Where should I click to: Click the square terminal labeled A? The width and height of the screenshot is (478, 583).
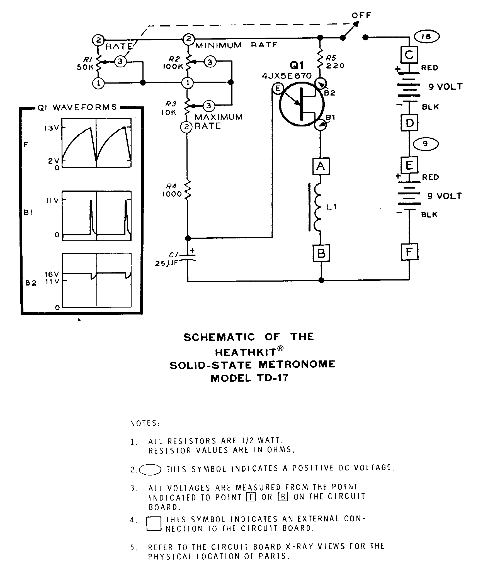321,166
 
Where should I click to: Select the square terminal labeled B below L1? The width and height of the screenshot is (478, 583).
321,253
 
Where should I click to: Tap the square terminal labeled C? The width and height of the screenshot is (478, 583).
409,55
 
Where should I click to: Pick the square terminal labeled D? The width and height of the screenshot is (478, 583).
409,123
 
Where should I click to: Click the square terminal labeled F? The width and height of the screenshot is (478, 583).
409,252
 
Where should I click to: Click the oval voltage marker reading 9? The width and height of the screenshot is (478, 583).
425,144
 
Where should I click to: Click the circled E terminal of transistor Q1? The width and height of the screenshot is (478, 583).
278,89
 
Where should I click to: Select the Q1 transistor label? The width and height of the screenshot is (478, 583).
296,66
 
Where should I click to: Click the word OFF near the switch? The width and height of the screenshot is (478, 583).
361,16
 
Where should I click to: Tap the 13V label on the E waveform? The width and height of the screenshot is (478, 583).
52,128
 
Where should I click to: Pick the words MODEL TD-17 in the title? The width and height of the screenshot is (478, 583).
249,378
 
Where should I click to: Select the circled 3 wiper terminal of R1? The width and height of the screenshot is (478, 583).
120,61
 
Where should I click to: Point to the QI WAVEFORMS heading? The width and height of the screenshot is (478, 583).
77,107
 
